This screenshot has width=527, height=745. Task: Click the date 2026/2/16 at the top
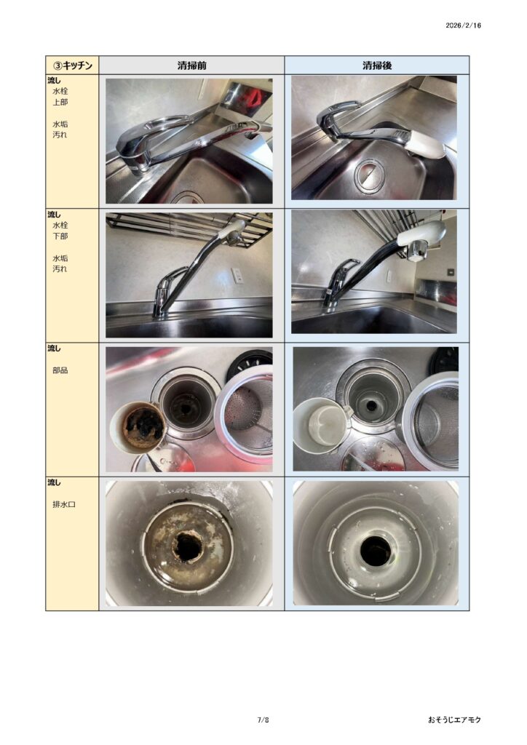tap(463, 25)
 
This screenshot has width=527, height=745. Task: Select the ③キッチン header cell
tap(72, 65)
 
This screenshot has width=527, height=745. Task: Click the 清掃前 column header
tap(192, 65)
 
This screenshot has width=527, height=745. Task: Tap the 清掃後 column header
tap(377, 65)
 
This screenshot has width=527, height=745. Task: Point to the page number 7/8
tap(263, 720)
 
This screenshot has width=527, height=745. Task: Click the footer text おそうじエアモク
tap(454, 720)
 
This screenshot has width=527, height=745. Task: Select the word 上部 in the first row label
tap(60, 102)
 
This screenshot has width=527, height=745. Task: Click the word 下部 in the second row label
tap(60, 236)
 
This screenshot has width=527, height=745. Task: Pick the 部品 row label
tap(60, 370)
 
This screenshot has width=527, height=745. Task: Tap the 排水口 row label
tap(64, 504)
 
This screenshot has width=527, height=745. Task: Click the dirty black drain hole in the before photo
tap(189, 545)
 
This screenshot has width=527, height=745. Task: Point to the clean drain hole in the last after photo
tap(376, 551)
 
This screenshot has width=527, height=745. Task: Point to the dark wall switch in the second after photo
tap(451, 272)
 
